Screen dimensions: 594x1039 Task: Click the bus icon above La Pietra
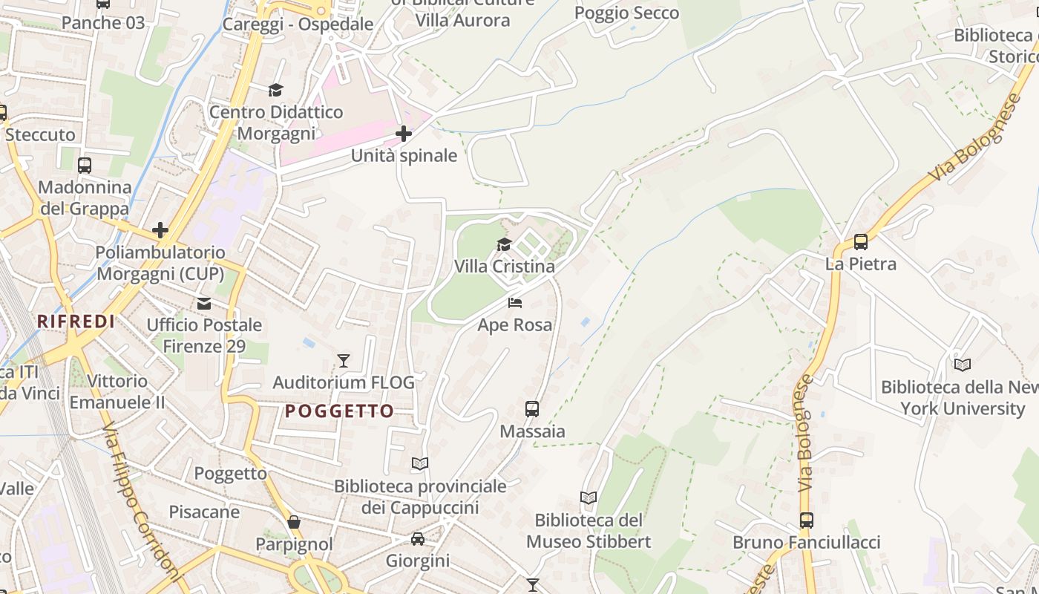pyautogui.click(x=861, y=242)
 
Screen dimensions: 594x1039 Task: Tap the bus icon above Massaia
pyautogui.click(x=532, y=409)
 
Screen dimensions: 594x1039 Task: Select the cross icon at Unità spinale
pyautogui.click(x=404, y=134)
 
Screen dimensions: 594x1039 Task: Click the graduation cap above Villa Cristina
pyautogui.click(x=505, y=245)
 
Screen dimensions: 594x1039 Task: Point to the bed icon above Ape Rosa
pyautogui.click(x=515, y=303)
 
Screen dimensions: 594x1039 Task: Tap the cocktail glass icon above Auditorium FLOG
pyautogui.click(x=344, y=361)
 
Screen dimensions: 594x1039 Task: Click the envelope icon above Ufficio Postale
pyautogui.click(x=204, y=304)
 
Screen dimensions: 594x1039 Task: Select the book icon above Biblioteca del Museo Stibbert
pyautogui.click(x=589, y=498)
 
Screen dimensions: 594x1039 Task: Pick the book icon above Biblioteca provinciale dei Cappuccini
pyautogui.click(x=420, y=464)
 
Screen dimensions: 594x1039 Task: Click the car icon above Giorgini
pyautogui.click(x=418, y=539)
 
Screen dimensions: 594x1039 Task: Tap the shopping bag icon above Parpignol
pyautogui.click(x=294, y=522)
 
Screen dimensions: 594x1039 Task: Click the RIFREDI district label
pyautogui.click(x=76, y=322)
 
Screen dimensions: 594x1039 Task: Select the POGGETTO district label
pyautogui.click(x=340, y=411)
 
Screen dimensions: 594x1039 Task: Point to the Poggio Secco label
pyautogui.click(x=627, y=13)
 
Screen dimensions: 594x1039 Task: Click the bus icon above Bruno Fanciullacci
pyautogui.click(x=807, y=520)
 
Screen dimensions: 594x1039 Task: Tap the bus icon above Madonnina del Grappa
pyautogui.click(x=85, y=166)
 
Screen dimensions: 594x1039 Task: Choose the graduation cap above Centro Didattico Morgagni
pyautogui.click(x=276, y=90)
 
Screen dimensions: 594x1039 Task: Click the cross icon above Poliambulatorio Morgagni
pyautogui.click(x=160, y=230)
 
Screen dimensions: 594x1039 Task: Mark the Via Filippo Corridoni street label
pyautogui.click(x=142, y=505)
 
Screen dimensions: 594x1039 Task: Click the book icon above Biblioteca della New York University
pyautogui.click(x=963, y=365)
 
